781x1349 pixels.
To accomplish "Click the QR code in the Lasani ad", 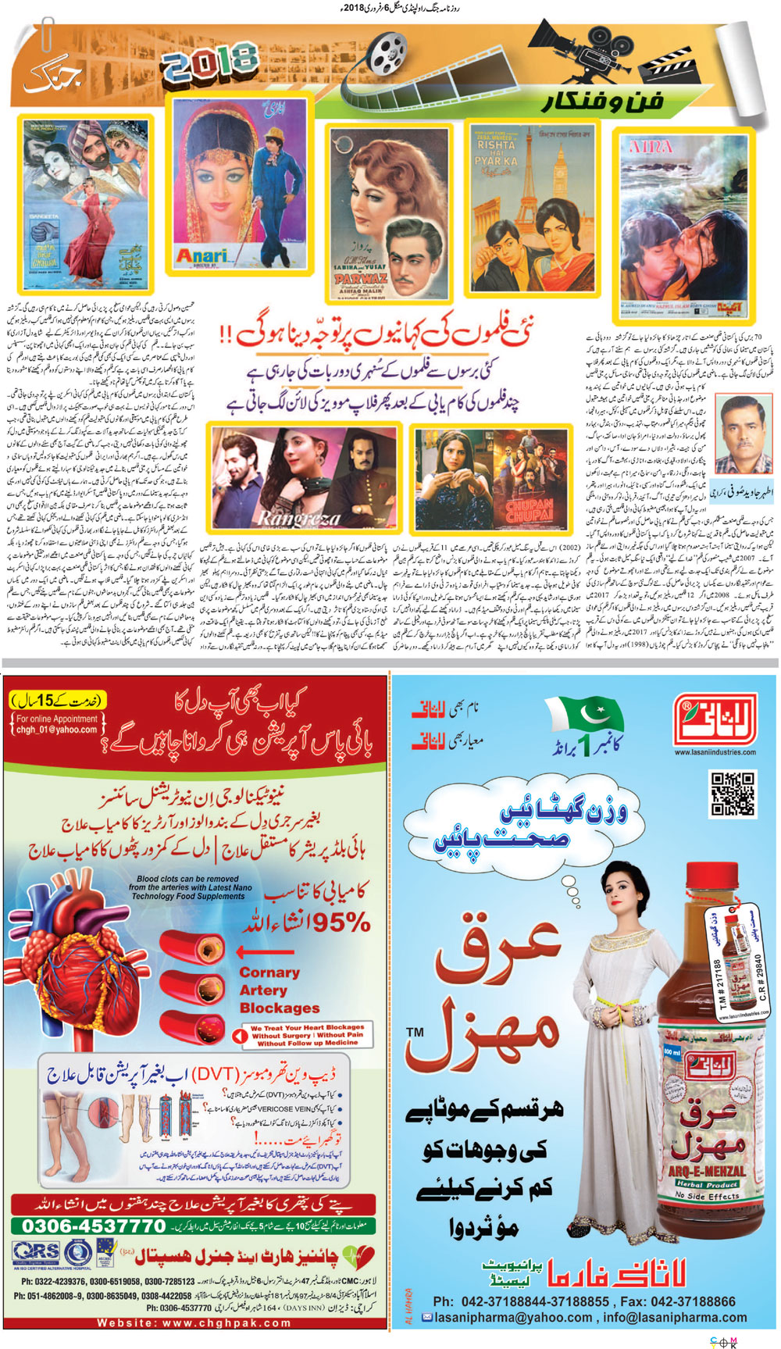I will (x=732, y=794).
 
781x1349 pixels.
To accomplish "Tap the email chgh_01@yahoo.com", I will (x=57, y=730).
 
